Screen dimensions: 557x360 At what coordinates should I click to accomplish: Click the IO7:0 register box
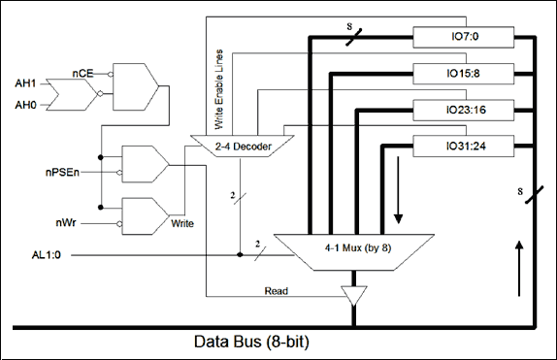[x=463, y=37]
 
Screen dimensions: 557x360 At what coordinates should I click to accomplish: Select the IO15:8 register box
[x=463, y=74]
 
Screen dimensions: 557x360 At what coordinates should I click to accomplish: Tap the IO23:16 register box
[x=463, y=111]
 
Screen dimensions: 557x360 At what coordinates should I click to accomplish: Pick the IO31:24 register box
[x=463, y=147]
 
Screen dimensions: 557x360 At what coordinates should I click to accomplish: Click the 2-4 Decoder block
[x=243, y=147]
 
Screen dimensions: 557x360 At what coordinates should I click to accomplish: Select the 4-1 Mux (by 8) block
[x=354, y=252]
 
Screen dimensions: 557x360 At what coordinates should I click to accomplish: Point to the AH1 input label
[x=25, y=83]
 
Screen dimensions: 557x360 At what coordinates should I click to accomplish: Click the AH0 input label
[x=25, y=105]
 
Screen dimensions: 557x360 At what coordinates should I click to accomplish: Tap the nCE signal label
[x=82, y=74]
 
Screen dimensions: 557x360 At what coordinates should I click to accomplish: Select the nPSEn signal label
[x=62, y=173]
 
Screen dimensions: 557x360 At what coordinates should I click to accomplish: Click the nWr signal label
[x=66, y=223]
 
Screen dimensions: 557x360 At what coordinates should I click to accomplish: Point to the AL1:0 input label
[x=47, y=255]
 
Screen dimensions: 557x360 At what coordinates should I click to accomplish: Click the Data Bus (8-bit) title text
[x=251, y=342]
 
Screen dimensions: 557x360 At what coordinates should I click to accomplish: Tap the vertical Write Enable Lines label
[x=219, y=89]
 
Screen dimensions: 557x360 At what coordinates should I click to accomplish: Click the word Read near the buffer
[x=276, y=291]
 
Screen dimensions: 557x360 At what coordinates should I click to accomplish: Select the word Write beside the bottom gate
[x=182, y=223]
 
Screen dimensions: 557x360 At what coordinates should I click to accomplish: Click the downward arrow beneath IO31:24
[x=398, y=190]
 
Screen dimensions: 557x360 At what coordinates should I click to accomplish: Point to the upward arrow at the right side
[x=519, y=269]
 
